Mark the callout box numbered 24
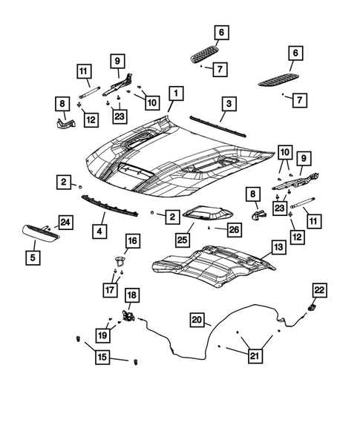click(65, 222)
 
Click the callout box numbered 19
click(102, 334)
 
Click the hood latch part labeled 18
click(129, 315)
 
